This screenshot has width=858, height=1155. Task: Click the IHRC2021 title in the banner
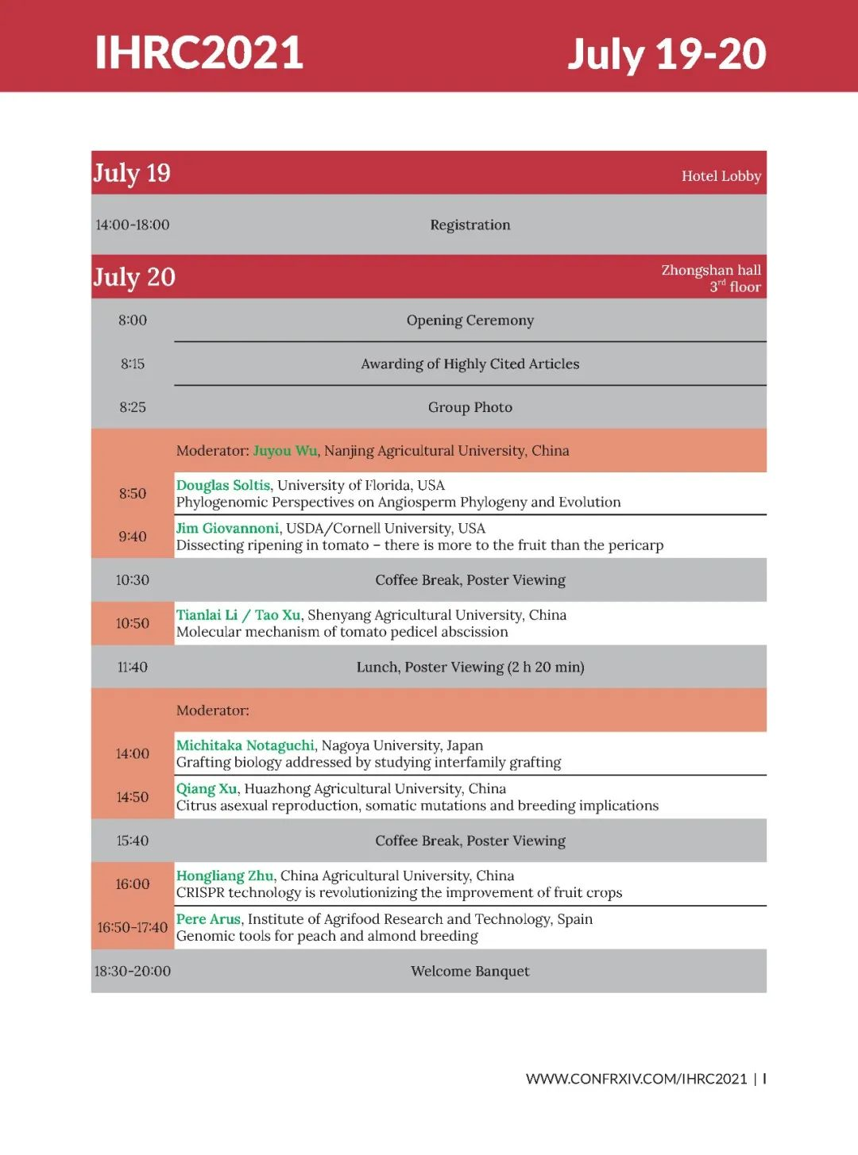199,52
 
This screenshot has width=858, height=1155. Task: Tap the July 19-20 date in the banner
666,54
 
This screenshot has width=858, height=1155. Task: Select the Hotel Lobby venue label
721,176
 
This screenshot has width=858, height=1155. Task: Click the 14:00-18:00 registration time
133,225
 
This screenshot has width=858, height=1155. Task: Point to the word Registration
470,225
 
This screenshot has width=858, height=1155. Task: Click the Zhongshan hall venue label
711,271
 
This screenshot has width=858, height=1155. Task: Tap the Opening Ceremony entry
470,320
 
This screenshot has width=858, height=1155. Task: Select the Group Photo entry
470,407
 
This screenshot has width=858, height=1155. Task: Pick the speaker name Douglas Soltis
223,485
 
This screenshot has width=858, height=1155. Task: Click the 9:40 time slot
133,537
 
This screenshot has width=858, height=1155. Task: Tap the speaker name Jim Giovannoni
228,528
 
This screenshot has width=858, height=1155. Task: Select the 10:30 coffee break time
133,580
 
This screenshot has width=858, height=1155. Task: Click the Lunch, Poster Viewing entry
470,667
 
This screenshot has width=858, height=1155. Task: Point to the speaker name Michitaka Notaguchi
245,745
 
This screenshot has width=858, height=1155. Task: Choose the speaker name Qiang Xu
207,788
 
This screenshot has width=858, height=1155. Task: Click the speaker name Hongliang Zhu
225,876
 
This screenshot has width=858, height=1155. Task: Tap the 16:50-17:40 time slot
133,927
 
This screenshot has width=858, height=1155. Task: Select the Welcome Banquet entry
470,971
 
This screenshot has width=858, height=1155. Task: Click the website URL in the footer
636,1078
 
